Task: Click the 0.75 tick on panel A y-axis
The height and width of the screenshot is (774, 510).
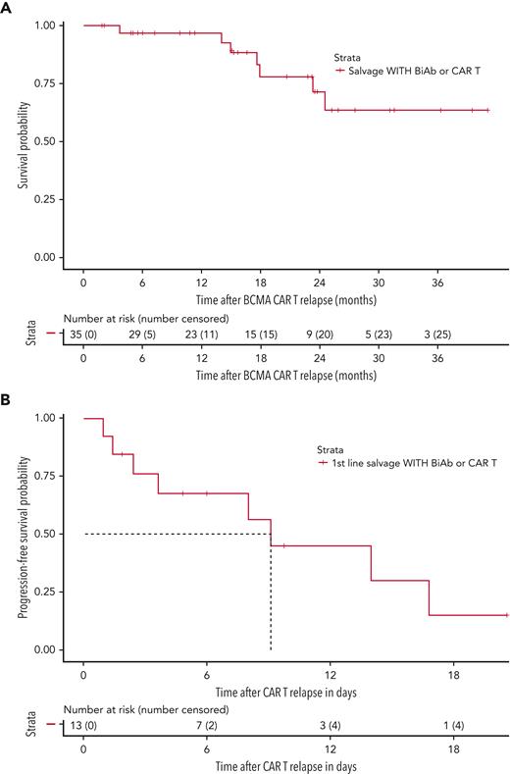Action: pos(43,82)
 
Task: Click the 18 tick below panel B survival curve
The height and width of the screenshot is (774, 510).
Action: pos(454,673)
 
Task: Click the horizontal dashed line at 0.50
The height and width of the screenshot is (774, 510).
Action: pos(177,534)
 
